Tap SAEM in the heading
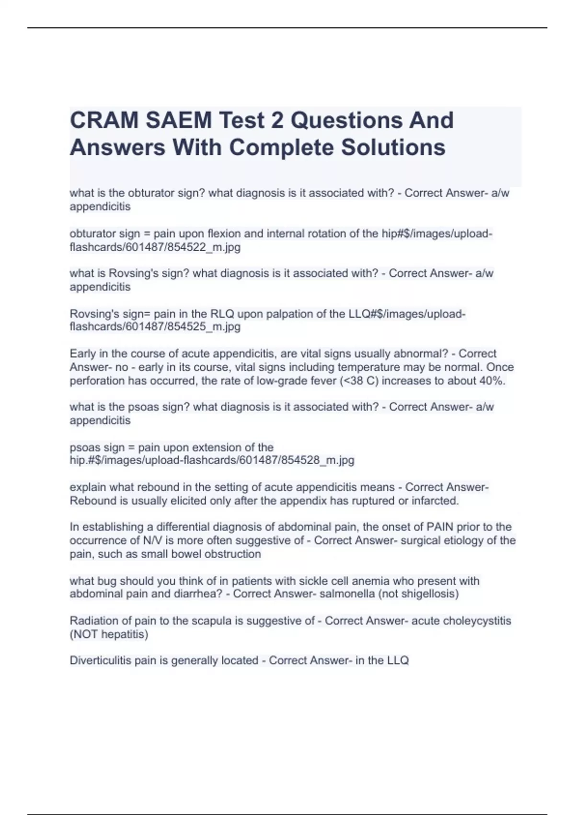(x=179, y=120)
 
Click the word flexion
(x=224, y=233)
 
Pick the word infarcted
(x=435, y=501)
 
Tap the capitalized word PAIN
(x=440, y=527)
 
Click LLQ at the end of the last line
(x=398, y=661)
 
